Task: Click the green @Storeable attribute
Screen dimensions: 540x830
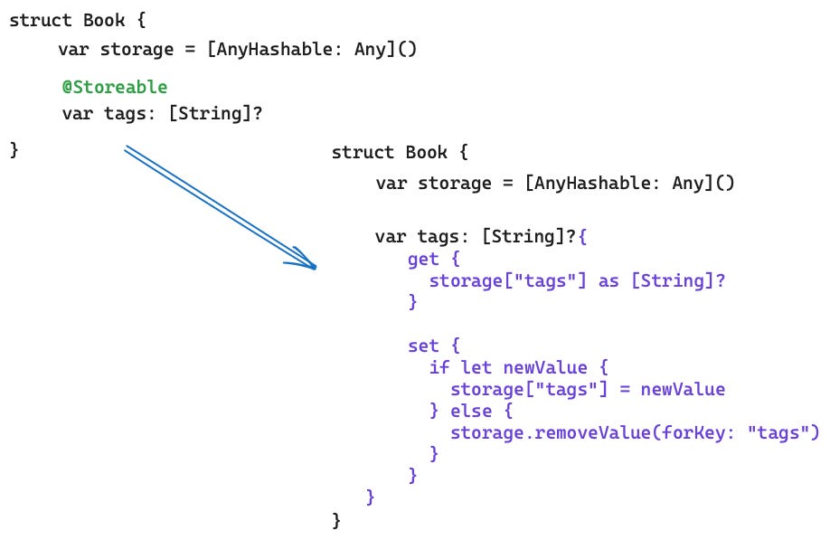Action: point(114,87)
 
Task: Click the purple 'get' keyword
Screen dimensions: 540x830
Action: point(423,260)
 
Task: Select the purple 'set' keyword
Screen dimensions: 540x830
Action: point(423,346)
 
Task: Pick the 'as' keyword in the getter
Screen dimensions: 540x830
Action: point(608,280)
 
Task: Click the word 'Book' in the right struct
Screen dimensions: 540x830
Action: point(427,152)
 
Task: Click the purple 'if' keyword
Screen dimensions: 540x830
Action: point(439,367)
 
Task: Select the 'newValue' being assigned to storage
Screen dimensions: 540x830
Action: point(683,389)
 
